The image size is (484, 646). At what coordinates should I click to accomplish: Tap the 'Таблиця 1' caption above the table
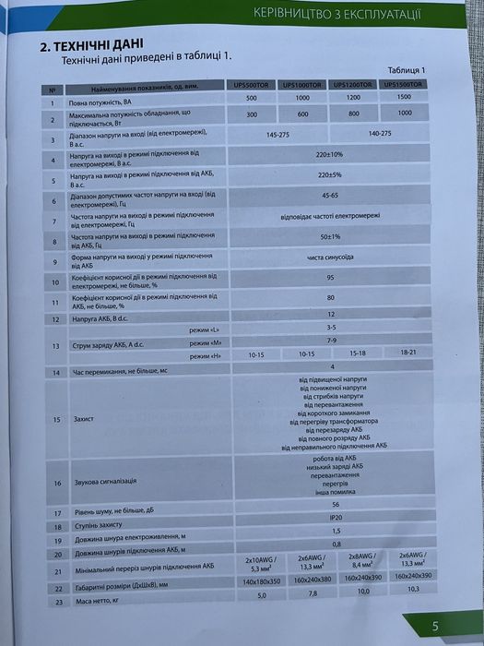[407, 70]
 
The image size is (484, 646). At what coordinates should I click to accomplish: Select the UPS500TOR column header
[252, 85]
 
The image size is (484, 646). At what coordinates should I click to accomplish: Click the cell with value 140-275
[380, 134]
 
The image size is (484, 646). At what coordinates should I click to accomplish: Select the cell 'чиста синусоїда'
[329, 257]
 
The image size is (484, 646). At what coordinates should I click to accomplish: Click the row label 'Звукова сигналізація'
[103, 484]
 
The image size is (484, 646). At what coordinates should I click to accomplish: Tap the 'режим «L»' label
[204, 329]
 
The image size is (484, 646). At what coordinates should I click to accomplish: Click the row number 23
[54, 602]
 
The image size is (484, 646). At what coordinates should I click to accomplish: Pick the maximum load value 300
[252, 114]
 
